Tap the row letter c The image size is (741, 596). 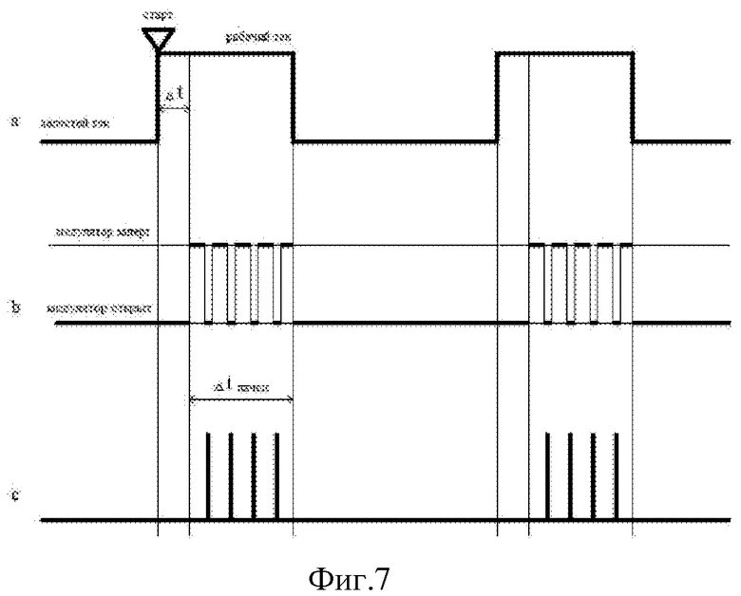(x=12, y=494)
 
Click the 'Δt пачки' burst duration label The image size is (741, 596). (x=241, y=387)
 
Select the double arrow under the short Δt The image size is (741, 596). (x=174, y=110)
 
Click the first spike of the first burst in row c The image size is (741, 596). (x=208, y=475)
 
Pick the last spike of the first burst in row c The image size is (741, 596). (x=276, y=475)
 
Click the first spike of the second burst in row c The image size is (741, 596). (x=547, y=475)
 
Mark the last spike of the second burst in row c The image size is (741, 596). (x=615, y=475)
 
